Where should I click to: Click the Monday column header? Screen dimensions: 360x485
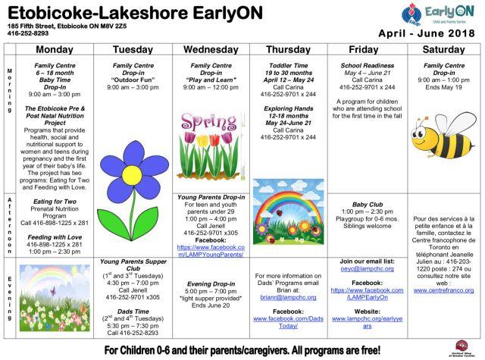coord(55,49)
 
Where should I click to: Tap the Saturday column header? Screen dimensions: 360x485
coord(445,49)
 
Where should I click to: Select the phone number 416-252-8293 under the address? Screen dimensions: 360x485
coord(27,33)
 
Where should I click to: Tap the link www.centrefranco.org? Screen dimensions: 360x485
coord(444,290)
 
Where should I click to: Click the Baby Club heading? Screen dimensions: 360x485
coord(367,204)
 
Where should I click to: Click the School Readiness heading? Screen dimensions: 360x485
coord(367,66)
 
